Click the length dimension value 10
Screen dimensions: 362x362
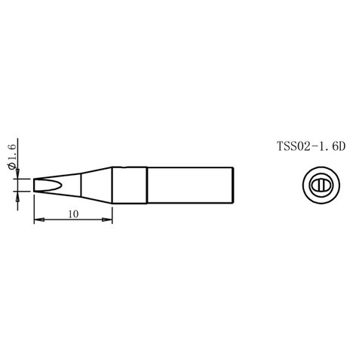(x=73, y=214)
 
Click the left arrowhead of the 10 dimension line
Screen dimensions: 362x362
(x=38, y=220)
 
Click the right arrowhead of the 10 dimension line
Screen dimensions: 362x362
(x=109, y=220)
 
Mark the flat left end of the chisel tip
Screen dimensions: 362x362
(x=35, y=186)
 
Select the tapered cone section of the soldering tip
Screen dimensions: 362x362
(x=90, y=186)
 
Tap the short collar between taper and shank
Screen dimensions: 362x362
(x=129, y=186)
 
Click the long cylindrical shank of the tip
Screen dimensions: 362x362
(x=192, y=186)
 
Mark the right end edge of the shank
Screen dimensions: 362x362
(x=239, y=186)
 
